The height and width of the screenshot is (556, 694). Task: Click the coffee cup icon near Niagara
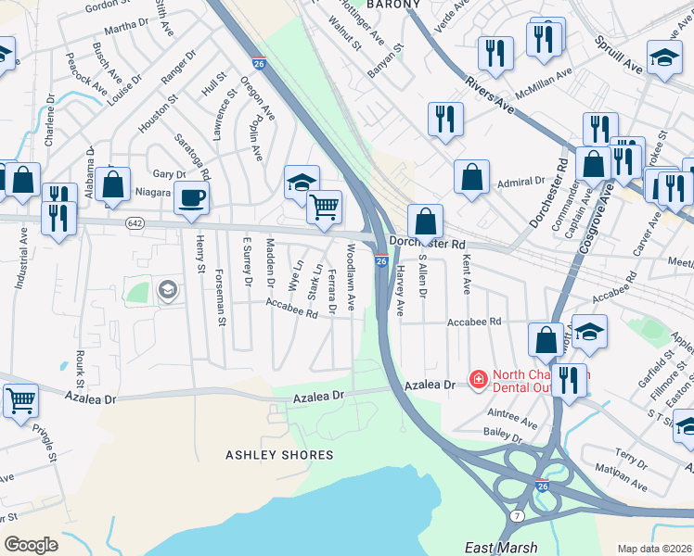click(191, 197)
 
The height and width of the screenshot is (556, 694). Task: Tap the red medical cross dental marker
click(478, 379)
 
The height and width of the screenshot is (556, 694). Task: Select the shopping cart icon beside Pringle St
click(20, 401)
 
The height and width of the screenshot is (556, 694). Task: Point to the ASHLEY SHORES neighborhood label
click(279, 455)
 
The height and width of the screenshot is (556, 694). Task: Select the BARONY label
click(394, 5)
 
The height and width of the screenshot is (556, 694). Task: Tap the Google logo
click(31, 545)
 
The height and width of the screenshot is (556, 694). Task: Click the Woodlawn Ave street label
click(351, 276)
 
